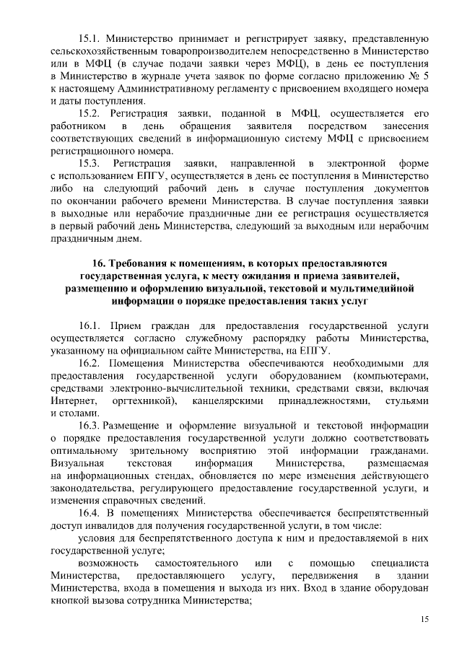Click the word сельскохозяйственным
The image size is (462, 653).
pyautogui.click(x=110, y=50)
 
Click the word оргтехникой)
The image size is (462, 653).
pyautogui.click(x=145, y=400)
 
